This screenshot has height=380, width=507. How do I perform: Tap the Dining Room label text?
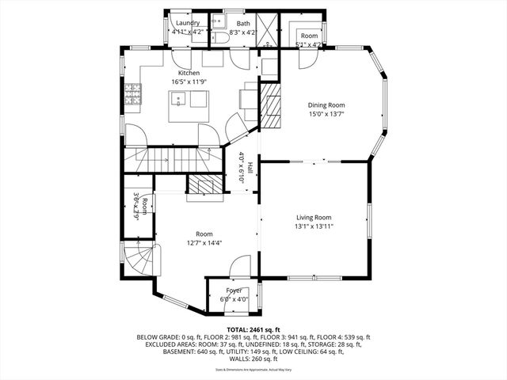coord(326,104)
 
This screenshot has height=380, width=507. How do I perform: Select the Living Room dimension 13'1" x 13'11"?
coord(314,226)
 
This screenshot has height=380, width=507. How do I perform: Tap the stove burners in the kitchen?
coord(134,96)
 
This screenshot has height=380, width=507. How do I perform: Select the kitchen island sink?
coord(180,101)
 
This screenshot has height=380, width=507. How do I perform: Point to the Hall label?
coord(250,168)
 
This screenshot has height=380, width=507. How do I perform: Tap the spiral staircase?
coord(139,260)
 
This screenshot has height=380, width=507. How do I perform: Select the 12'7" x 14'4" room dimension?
coord(204,243)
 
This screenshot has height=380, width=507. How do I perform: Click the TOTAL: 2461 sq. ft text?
coord(253,329)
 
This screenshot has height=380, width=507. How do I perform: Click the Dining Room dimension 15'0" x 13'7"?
coord(326,114)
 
